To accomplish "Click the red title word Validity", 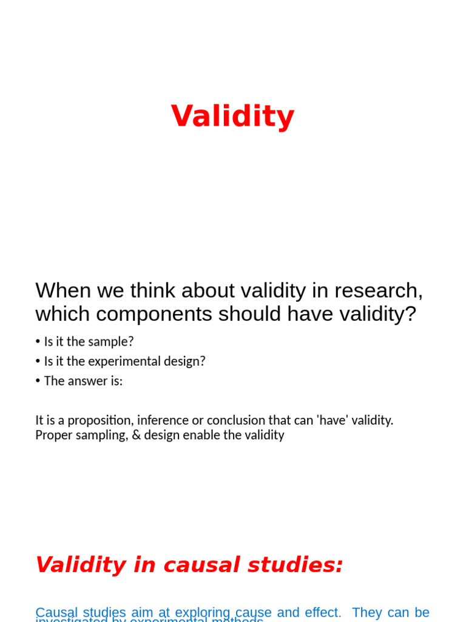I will point(232,116).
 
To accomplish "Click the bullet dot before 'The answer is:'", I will point(38,381).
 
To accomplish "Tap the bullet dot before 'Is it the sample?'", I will point(38,341).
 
